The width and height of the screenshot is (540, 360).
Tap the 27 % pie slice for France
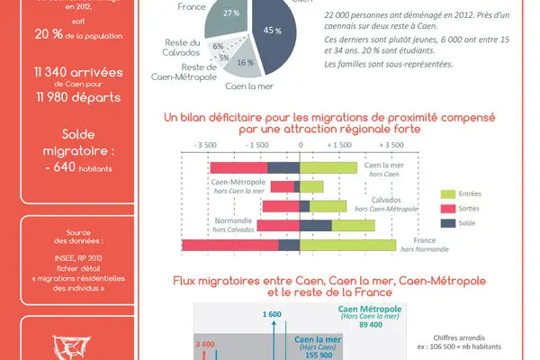click(x=231, y=16)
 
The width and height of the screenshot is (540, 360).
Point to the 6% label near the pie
click(x=218, y=45)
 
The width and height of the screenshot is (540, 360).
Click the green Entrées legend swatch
click(x=448, y=193)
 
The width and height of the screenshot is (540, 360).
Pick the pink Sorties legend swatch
click(x=448, y=207)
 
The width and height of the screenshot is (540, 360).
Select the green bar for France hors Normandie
click(x=347, y=245)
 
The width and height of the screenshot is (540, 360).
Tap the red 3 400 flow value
click(x=203, y=343)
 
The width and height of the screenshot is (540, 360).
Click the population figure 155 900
click(x=319, y=355)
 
